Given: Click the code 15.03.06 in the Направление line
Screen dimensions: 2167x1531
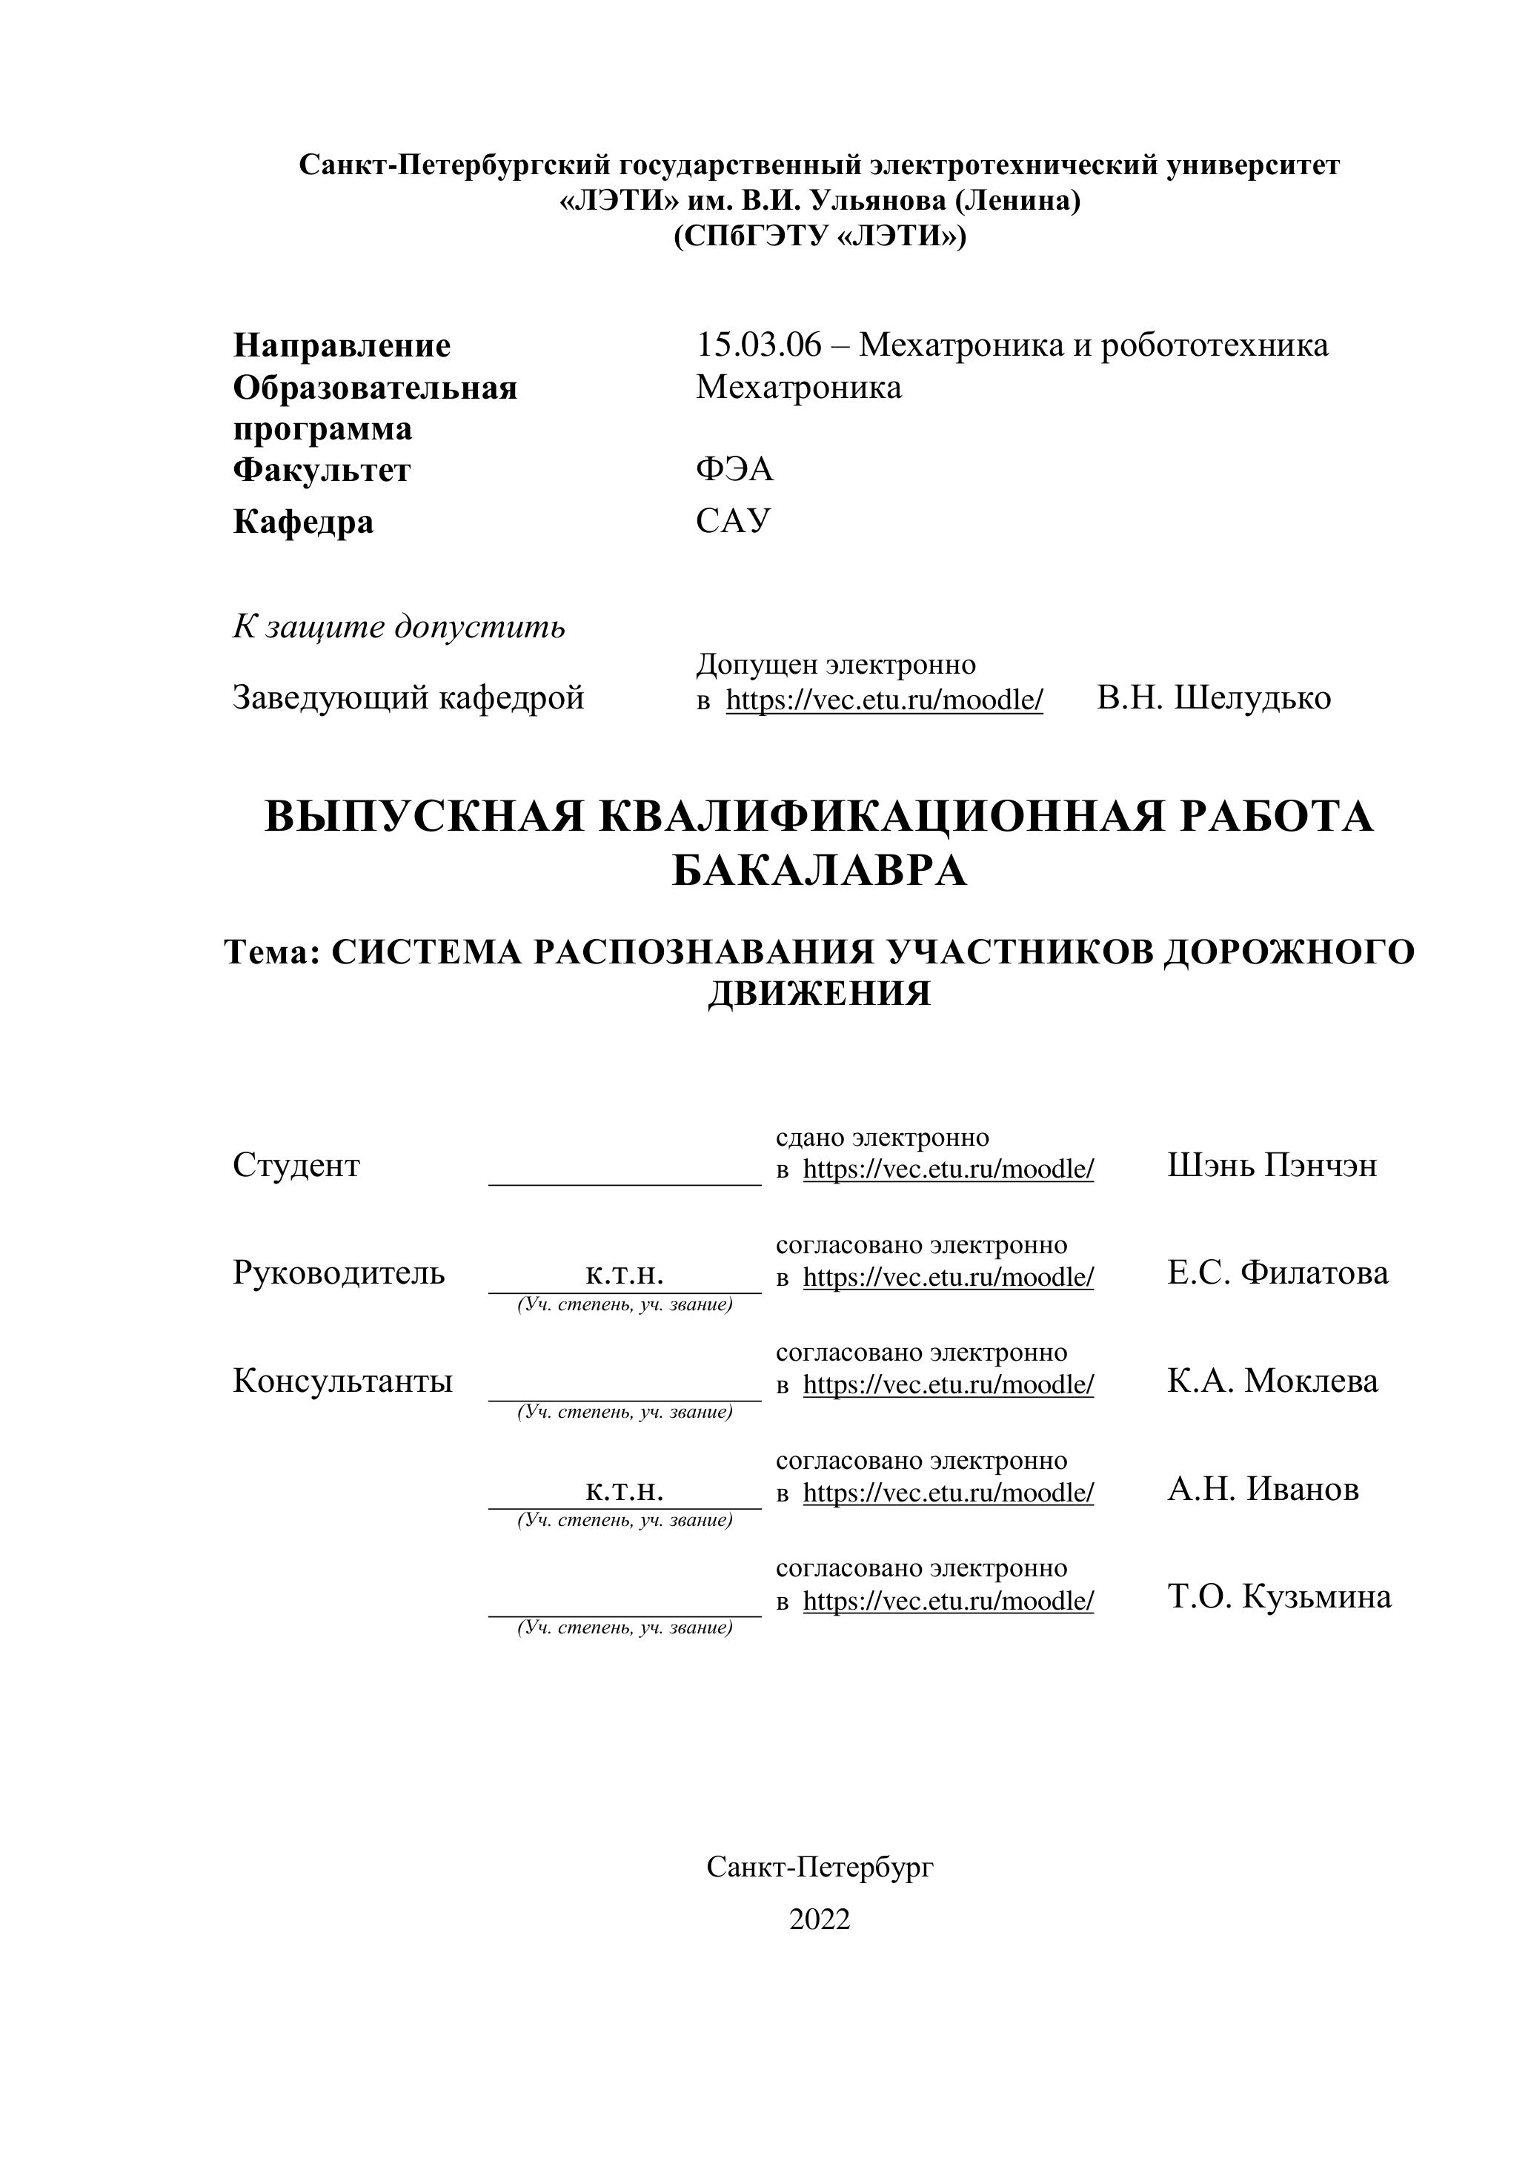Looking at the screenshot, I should point(759,345).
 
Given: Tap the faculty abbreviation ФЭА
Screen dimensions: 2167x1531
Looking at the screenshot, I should point(734,469).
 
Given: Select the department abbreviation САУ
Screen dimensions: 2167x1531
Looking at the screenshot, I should point(734,520).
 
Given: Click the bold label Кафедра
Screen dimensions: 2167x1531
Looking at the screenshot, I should point(303,522).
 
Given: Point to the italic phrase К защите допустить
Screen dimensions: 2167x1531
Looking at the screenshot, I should point(399,627).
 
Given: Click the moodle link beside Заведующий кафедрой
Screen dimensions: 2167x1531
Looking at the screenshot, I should point(884,700).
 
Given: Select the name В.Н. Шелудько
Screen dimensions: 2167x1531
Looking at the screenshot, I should point(1213,698).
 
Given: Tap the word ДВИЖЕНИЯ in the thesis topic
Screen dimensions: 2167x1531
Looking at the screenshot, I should point(820,994).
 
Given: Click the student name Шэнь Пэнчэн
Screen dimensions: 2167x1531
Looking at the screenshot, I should point(1272,1166).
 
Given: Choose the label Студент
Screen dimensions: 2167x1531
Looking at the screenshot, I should point(296,1166).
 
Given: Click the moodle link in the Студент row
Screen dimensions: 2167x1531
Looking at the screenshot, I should point(949,1169).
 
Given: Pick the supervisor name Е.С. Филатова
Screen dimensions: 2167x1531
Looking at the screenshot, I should point(1277,1273).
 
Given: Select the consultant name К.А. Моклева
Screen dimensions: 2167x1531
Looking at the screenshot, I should point(1272,1381).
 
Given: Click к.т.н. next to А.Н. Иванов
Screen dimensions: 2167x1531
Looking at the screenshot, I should point(624,1490).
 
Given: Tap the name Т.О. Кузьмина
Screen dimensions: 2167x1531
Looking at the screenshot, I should point(1279,1597).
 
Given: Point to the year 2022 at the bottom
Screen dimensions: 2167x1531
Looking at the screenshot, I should point(820,1919).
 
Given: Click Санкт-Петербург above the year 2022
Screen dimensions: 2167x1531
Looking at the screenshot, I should point(820,1867).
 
